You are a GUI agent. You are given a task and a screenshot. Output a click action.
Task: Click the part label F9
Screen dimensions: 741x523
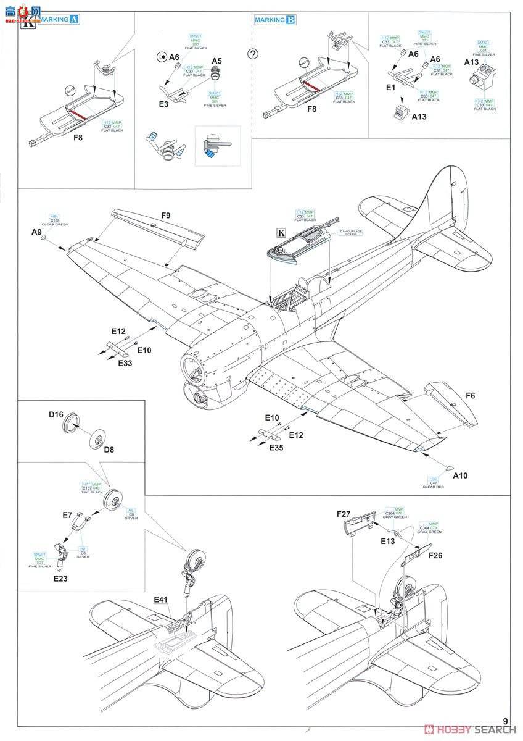tap(165, 216)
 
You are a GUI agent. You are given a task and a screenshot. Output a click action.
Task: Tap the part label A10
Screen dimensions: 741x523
tap(461, 475)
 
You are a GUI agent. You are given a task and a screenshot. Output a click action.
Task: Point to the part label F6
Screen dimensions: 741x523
tap(471, 393)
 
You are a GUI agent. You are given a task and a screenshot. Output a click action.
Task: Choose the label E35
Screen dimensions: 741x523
tap(276, 448)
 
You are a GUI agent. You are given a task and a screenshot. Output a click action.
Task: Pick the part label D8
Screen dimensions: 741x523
tap(109, 450)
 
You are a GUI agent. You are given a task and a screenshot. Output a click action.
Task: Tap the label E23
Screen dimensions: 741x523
tap(60, 579)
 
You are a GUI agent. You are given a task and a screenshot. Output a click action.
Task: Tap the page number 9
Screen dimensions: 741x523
tap(505, 721)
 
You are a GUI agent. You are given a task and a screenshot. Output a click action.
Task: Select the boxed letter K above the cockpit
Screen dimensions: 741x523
tap(282, 233)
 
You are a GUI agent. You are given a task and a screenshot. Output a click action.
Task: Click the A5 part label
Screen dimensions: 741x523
tap(216, 61)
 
